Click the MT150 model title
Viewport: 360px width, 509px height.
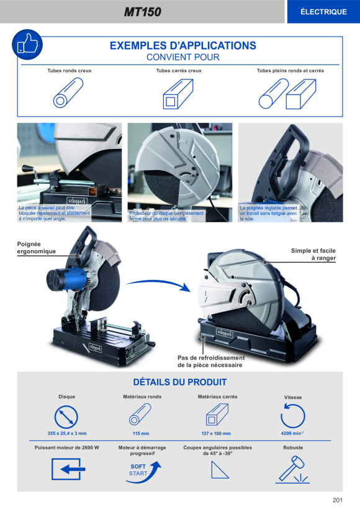(143, 12)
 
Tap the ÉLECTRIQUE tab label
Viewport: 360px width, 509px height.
(323, 12)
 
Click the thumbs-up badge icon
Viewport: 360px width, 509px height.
(27, 45)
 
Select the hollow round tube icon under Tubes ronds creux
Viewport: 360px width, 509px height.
(68, 93)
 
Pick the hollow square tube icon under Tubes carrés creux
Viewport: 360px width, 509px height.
(178, 94)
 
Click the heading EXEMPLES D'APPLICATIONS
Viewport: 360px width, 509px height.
(182, 45)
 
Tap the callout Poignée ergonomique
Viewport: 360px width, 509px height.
(37, 248)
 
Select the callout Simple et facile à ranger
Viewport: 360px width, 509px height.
(313, 254)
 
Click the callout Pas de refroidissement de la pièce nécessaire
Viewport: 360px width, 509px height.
(211, 361)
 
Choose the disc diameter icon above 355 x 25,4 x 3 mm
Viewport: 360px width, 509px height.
(66, 417)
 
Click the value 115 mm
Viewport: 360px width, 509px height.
(141, 433)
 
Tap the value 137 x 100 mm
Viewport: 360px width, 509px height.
(216, 433)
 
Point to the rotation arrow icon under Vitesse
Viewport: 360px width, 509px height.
(292, 415)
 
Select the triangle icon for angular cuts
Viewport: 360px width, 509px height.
(220, 470)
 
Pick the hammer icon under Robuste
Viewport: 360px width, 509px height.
(292, 469)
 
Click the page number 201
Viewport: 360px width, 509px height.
(338, 500)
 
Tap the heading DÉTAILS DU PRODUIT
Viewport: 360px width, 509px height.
(180, 382)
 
